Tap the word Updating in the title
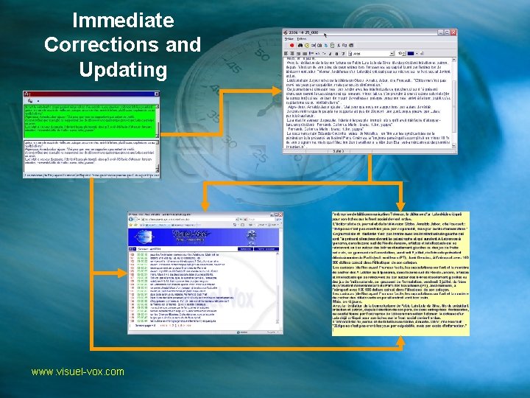point(122,70)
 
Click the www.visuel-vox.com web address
point(78,371)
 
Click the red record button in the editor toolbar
point(289,43)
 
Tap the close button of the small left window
point(156,94)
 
